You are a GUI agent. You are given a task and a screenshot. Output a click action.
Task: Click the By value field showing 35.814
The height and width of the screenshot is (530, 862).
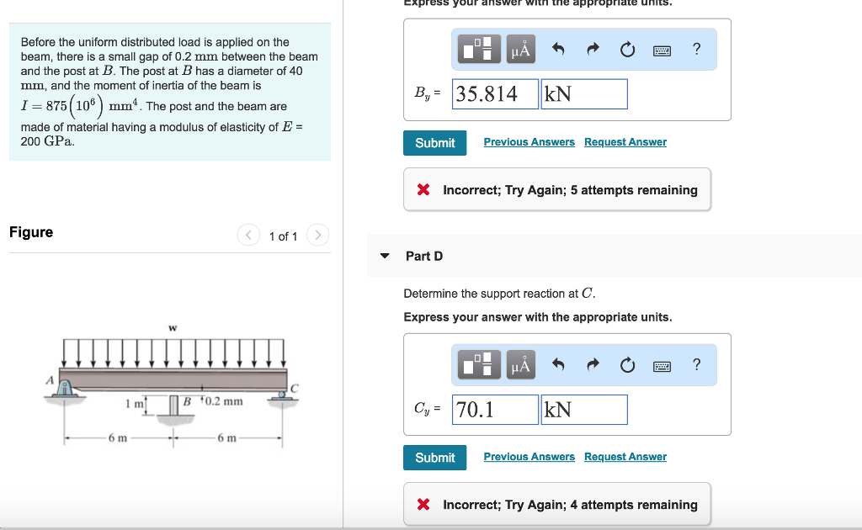pos(495,94)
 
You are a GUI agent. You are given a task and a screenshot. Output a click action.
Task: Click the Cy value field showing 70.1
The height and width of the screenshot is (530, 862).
pos(495,410)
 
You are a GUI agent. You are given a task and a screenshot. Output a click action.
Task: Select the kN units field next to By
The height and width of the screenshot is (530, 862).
pos(584,94)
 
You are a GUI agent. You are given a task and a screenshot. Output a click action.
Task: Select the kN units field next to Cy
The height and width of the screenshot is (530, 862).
pos(584,410)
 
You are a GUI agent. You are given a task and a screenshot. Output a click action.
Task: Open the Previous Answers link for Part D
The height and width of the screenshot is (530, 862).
pos(529,457)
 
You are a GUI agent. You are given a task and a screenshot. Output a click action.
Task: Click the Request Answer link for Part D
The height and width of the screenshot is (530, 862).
pos(625,457)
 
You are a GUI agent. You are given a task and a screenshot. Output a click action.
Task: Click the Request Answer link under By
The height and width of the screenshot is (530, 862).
pos(625,142)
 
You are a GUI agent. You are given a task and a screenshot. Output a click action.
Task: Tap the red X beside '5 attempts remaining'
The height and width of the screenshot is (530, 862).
pos(424,190)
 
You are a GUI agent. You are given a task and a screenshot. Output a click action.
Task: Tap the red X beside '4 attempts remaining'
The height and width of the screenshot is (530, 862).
pos(424,505)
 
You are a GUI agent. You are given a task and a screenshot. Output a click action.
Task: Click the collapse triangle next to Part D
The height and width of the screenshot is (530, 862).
pos(385,256)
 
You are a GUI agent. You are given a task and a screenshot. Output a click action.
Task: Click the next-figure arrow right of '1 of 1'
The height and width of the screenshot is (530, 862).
pos(317,236)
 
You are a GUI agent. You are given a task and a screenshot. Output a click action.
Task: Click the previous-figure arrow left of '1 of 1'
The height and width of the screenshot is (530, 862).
pos(248,236)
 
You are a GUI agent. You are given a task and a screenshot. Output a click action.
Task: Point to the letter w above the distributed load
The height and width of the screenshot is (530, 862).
pos(173,327)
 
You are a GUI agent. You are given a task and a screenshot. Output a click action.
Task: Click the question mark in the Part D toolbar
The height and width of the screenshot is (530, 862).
pos(695,364)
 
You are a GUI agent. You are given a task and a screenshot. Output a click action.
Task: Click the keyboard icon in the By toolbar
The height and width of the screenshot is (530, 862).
pos(662,50)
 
